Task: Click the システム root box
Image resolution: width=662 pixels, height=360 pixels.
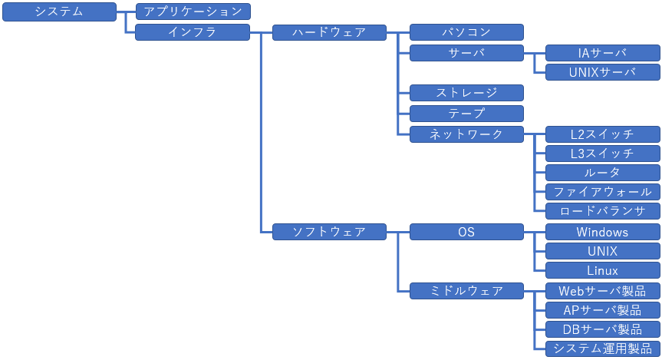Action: tap(60, 12)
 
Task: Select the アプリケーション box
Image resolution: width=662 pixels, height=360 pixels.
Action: tap(193, 12)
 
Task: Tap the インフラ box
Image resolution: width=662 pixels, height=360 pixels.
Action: tap(193, 32)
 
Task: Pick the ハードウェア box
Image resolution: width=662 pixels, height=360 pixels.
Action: tap(329, 32)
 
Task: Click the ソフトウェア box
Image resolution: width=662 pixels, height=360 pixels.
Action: tap(329, 232)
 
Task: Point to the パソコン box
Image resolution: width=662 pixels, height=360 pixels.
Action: tap(466, 32)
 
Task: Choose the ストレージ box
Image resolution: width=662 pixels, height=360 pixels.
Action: tap(466, 93)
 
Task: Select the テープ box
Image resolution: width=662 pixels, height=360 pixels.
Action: tap(466, 114)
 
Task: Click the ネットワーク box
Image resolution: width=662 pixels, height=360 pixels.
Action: tap(466, 134)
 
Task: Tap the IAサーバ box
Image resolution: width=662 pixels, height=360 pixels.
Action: tap(603, 53)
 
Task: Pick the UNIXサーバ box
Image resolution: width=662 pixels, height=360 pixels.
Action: tap(603, 72)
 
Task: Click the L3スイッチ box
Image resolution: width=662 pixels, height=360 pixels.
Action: tap(603, 154)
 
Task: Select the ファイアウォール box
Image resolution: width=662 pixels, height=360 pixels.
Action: tap(603, 192)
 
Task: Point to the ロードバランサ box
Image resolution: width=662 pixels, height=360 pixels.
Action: tap(603, 211)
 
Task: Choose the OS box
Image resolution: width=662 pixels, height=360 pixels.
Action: tap(466, 232)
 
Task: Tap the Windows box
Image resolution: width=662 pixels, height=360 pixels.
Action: tap(603, 232)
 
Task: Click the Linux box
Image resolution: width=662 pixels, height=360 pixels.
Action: tap(603, 270)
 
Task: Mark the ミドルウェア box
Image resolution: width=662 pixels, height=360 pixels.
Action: tap(466, 291)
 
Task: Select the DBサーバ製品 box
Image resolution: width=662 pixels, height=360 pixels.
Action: tap(603, 329)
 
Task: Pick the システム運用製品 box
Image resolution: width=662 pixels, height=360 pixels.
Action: tap(603, 348)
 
